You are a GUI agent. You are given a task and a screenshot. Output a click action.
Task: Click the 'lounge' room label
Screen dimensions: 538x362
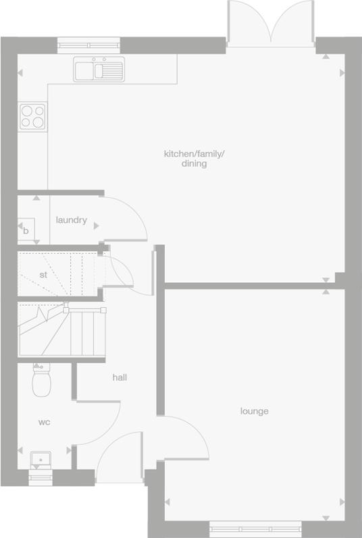pos(254,411)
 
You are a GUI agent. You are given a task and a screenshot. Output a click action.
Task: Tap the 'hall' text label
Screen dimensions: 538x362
pos(120,378)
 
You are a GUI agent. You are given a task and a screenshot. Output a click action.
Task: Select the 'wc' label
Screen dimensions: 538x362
pos(44,423)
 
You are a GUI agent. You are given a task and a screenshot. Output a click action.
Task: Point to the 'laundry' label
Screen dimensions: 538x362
pos(72,220)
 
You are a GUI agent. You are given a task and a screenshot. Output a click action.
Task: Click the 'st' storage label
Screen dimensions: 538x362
pos(43,275)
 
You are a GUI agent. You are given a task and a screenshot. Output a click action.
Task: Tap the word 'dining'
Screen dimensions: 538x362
pos(194,163)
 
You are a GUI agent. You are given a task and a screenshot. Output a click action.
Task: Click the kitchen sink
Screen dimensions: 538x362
pos(99,69)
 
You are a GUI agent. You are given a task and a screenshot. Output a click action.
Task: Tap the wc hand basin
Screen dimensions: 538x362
pos(41,461)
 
